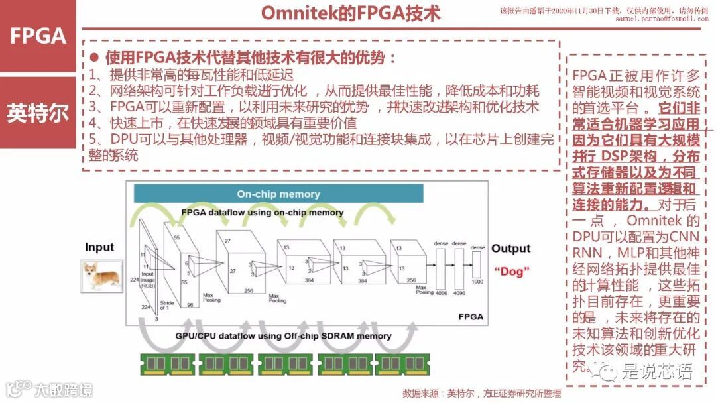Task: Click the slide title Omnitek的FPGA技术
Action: (x=350, y=14)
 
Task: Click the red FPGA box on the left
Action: (x=38, y=36)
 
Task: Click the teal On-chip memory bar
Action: (x=278, y=194)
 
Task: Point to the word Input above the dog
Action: (x=99, y=247)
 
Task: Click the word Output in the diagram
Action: (x=510, y=249)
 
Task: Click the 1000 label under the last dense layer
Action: (x=477, y=282)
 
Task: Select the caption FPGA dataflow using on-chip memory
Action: (x=263, y=213)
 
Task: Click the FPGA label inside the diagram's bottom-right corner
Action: (x=471, y=317)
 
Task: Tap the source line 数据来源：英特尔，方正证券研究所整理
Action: (x=481, y=393)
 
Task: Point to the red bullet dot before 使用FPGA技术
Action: (x=94, y=58)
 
